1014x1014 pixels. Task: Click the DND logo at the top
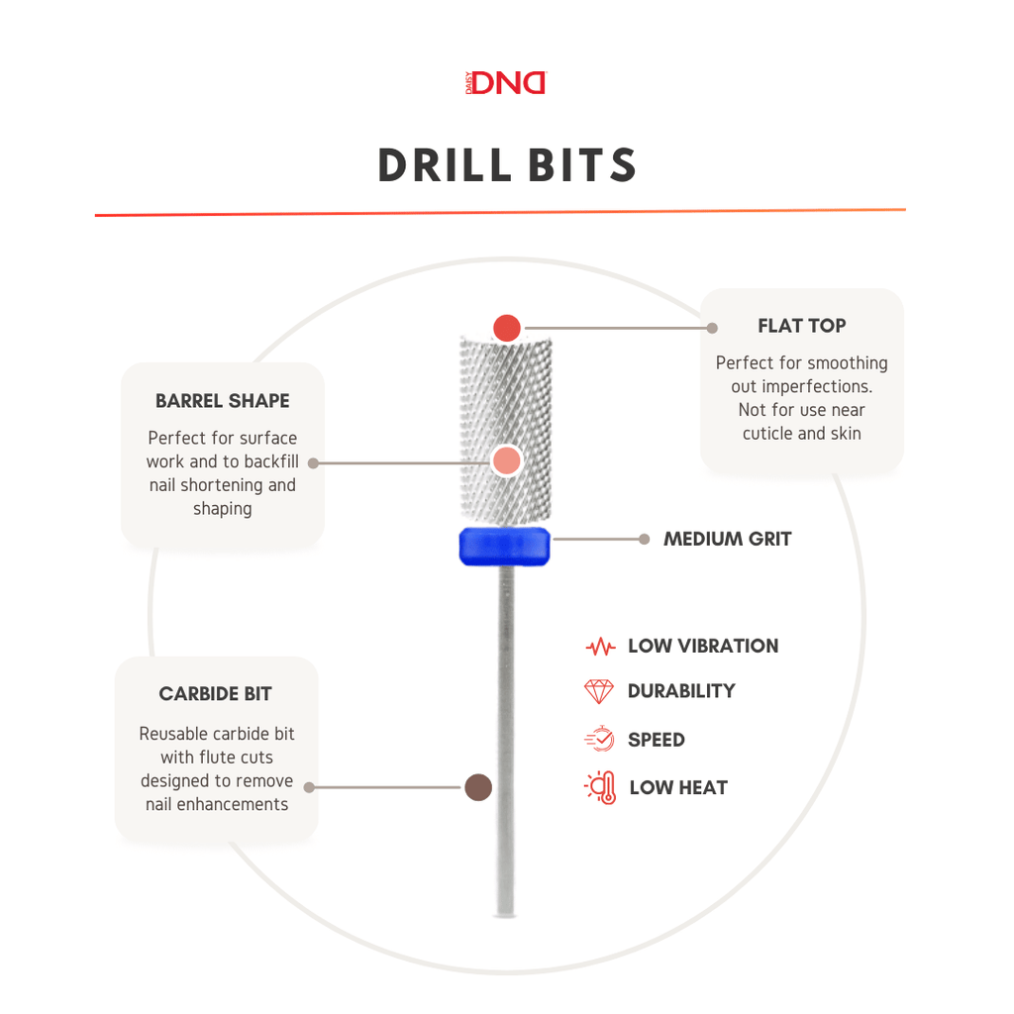[506, 83]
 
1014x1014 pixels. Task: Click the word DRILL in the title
[442, 165]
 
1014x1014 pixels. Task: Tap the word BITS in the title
[581, 165]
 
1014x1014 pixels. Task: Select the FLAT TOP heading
[801, 326]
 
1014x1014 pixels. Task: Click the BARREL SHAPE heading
[222, 401]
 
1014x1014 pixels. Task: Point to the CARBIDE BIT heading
[215, 694]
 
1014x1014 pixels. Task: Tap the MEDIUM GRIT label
[727, 540]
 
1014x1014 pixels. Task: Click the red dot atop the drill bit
[507, 327]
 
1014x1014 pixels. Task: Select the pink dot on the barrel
[506, 460]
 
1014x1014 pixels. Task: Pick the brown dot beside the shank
[478, 787]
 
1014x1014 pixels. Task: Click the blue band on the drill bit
[505, 547]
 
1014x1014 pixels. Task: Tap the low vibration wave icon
[600, 648]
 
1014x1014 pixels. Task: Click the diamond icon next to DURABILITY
[599, 691]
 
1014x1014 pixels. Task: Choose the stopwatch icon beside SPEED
[599, 740]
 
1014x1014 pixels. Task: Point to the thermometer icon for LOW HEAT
[601, 787]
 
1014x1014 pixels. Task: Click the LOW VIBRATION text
[703, 647]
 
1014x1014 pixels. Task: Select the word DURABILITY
[681, 691]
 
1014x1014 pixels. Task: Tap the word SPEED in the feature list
[656, 740]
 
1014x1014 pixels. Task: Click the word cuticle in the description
[769, 434]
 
